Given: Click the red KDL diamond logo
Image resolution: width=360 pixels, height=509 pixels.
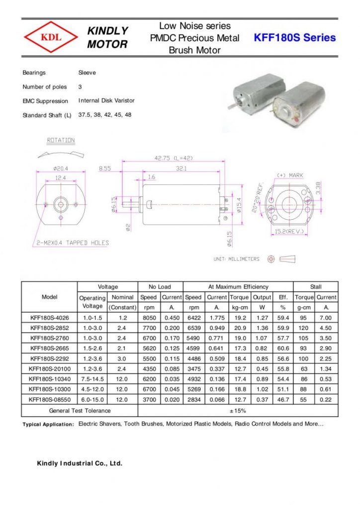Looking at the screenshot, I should click(51, 38).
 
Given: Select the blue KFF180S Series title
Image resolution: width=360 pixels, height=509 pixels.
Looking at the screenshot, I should click(294, 38).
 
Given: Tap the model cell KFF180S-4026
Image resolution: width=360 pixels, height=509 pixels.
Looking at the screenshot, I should click(49, 318).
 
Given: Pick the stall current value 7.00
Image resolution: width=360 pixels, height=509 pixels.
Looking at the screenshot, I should click(326, 318).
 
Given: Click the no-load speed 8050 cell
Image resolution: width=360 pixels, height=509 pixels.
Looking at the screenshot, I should click(148, 318).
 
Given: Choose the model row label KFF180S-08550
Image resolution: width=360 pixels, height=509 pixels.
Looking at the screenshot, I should click(49, 400).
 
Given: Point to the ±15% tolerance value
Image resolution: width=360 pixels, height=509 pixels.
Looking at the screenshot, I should click(238, 411).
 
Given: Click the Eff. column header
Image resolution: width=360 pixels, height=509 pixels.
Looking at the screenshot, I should click(283, 297).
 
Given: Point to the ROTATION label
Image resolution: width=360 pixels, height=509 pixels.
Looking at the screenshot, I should click(61, 140).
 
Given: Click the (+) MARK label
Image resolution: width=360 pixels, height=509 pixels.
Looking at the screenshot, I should click(289, 175).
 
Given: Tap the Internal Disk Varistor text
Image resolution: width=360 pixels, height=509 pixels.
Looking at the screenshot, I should click(106, 100).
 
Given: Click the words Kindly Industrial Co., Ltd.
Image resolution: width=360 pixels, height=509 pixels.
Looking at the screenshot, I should click(80, 463).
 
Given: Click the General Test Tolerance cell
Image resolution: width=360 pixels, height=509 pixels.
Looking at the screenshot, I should click(80, 411).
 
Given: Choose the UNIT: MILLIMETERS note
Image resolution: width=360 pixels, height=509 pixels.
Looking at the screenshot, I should click(236, 259).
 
